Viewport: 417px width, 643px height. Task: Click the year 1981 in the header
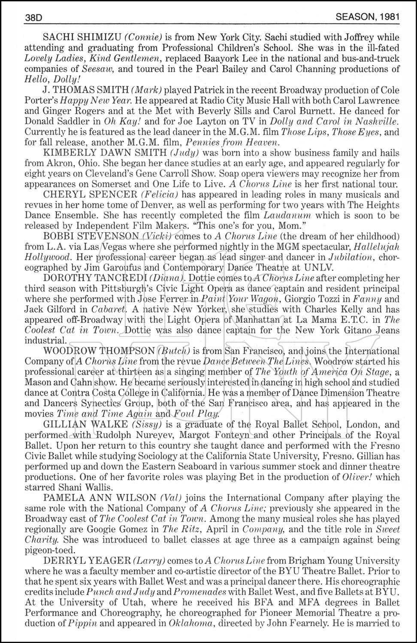pyautogui.click(x=390, y=17)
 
